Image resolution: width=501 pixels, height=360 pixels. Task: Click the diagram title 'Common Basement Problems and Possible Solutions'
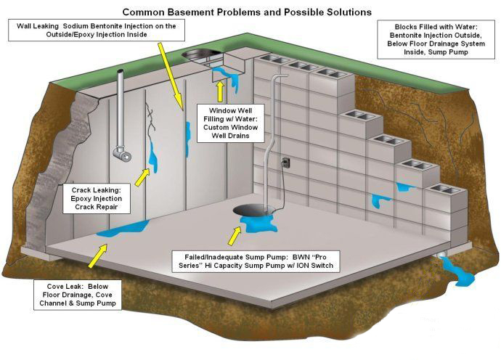coord(246,12)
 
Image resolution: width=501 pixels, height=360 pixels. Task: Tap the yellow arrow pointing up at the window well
coord(219,91)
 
